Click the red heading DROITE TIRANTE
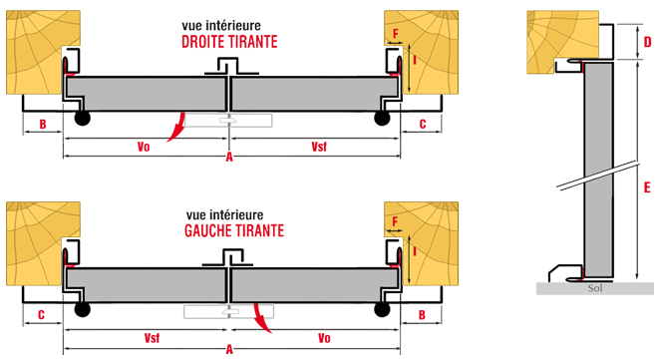click(229, 42)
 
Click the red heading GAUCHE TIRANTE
click(234, 230)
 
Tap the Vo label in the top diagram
click(144, 147)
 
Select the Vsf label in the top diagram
click(319, 147)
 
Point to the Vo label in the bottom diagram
click(324, 338)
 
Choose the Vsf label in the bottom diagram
click(152, 338)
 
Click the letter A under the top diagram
click(229, 158)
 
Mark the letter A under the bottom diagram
click(229, 349)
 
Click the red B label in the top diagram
click(43, 125)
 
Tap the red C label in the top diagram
click(423, 124)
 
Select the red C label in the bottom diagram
click(41, 315)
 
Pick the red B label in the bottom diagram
click(422, 315)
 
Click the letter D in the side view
click(647, 42)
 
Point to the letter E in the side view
click(647, 187)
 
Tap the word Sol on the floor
click(595, 288)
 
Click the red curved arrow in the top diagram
click(177, 128)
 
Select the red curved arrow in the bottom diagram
click(261, 318)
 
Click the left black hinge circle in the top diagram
click(83, 118)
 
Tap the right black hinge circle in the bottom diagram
click(383, 310)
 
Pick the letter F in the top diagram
click(396, 33)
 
